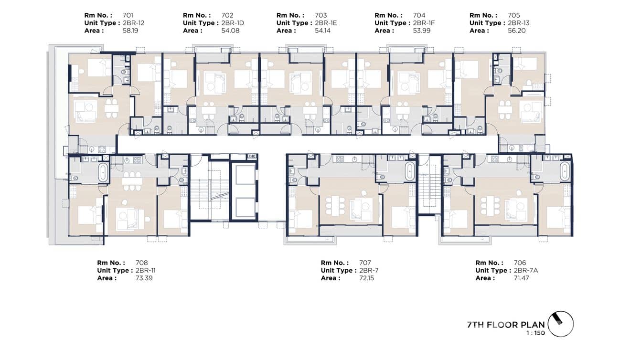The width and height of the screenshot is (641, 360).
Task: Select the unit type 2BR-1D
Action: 231,23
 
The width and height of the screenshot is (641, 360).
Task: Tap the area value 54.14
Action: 323,31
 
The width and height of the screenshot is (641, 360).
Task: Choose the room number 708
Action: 142,263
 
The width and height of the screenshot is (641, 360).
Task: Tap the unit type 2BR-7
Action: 369,270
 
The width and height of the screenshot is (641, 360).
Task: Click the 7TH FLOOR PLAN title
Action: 505,325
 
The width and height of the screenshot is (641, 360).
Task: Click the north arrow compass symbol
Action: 560,324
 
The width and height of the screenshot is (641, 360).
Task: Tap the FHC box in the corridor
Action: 252,157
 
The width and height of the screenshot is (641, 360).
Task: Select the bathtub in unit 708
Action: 103,172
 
